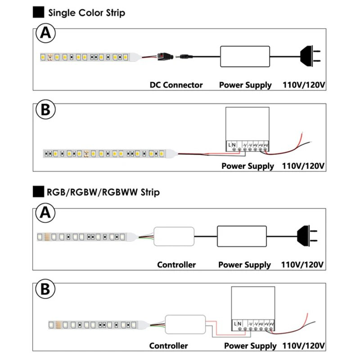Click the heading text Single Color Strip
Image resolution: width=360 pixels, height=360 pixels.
coord(86,13)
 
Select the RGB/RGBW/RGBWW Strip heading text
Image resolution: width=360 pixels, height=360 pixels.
coord(103,193)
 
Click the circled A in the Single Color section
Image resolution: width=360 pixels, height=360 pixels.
coord(45,34)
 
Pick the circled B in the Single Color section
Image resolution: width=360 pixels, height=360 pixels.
coord(45,110)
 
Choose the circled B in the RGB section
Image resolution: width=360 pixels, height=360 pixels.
coord(45,289)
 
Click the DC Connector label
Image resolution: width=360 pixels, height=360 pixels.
coord(176,85)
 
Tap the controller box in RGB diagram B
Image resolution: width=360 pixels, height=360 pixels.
coord(185,324)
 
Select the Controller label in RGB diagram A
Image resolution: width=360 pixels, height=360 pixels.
coord(176,265)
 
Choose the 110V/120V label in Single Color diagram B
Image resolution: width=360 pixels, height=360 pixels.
coord(303,166)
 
